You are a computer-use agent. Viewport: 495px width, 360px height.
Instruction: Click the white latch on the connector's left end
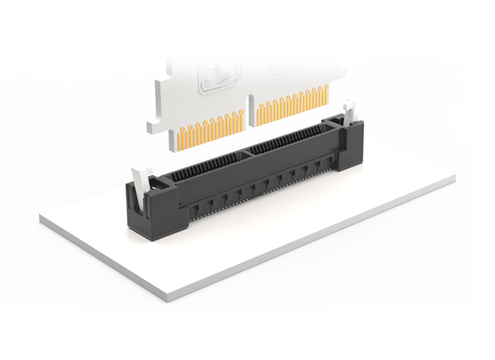click(141, 178)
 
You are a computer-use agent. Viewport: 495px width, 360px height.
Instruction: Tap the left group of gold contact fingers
click(210, 133)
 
